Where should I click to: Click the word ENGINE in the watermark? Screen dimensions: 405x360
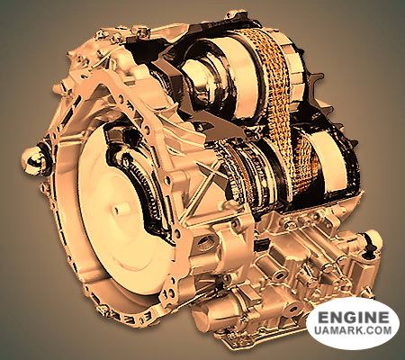coord(354,317)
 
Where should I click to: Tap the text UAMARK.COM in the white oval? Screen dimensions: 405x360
coord(354,330)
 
